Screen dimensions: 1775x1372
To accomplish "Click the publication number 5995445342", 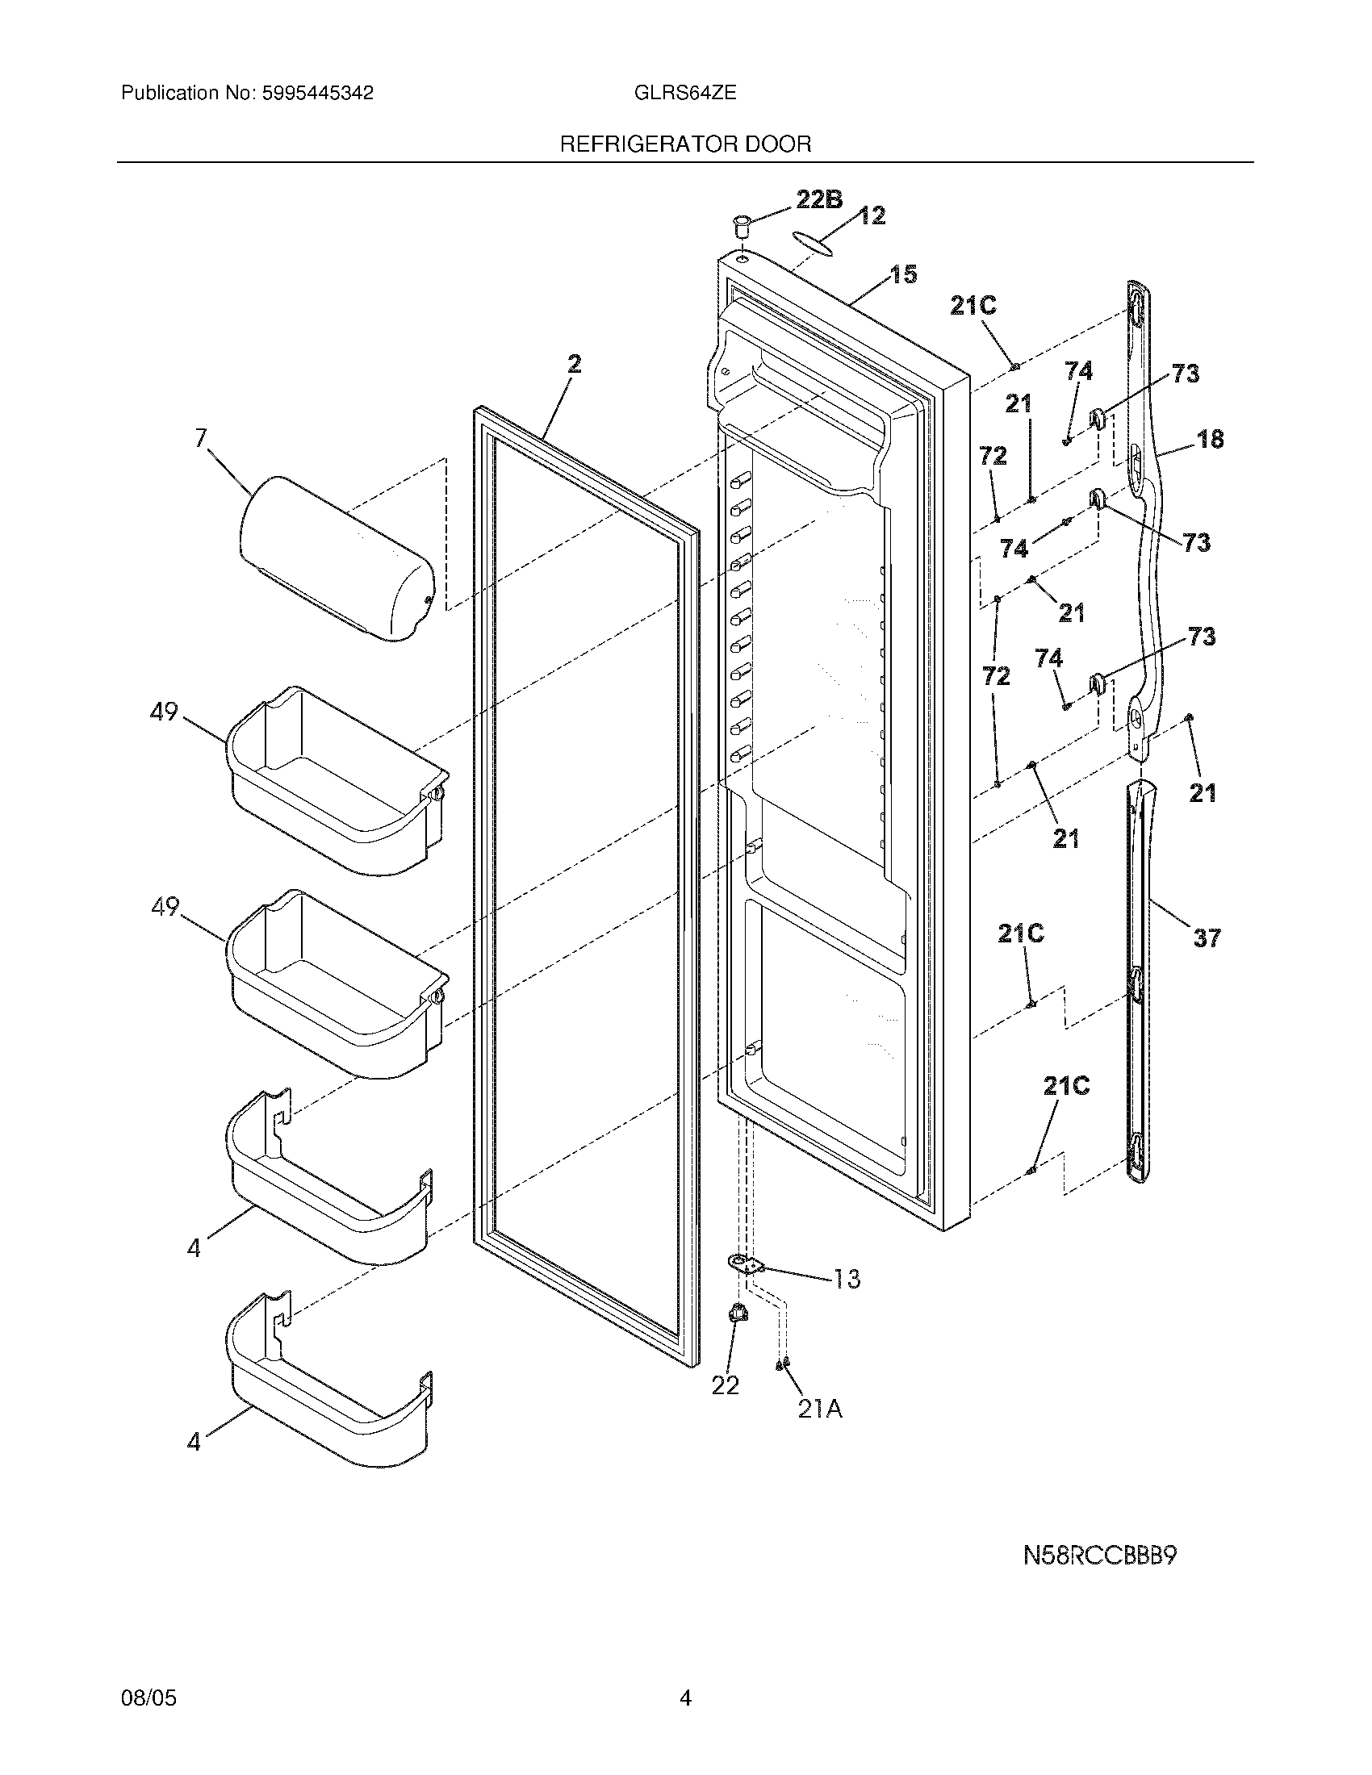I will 316,94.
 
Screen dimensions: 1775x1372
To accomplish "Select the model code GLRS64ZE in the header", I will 685,94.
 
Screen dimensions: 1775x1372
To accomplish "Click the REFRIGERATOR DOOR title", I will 685,144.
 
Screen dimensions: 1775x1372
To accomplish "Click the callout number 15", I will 903,274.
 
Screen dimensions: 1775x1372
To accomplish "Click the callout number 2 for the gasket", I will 575,364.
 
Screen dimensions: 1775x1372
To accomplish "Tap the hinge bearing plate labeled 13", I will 747,1264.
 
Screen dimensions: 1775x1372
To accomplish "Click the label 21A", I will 819,1410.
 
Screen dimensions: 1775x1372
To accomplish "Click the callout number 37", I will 1207,938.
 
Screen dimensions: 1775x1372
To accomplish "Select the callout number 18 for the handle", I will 1210,439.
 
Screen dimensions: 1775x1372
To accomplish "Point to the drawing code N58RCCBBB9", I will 1100,1556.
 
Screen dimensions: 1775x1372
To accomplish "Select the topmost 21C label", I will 973,306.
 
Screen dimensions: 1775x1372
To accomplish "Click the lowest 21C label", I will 1065,1086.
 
